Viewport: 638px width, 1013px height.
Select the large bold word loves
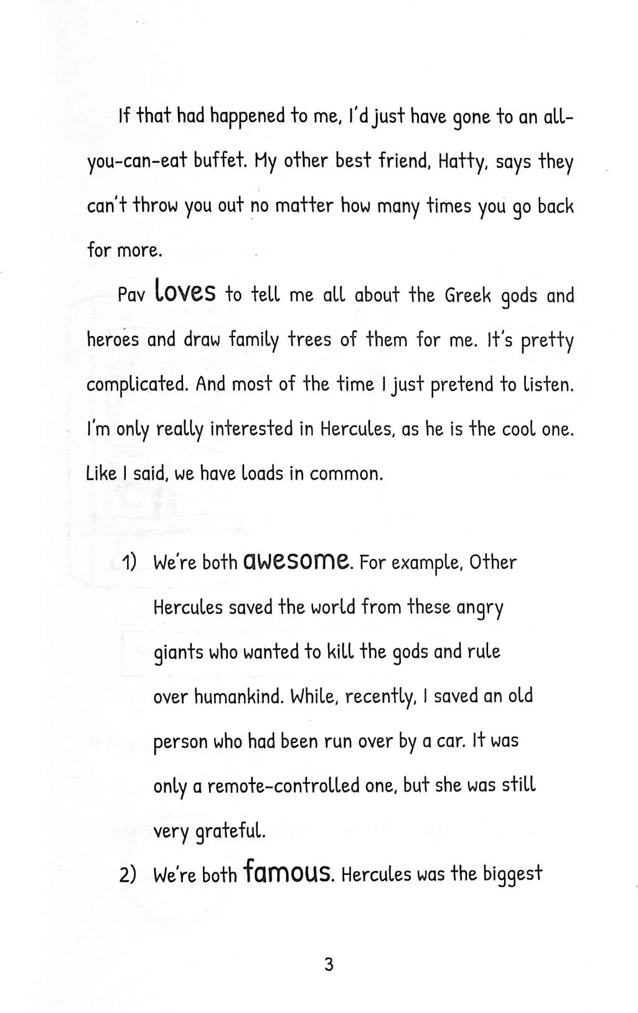point(185,291)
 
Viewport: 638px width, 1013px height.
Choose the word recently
point(381,697)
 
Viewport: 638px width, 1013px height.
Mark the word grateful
point(230,831)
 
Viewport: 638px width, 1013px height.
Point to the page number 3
point(329,964)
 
